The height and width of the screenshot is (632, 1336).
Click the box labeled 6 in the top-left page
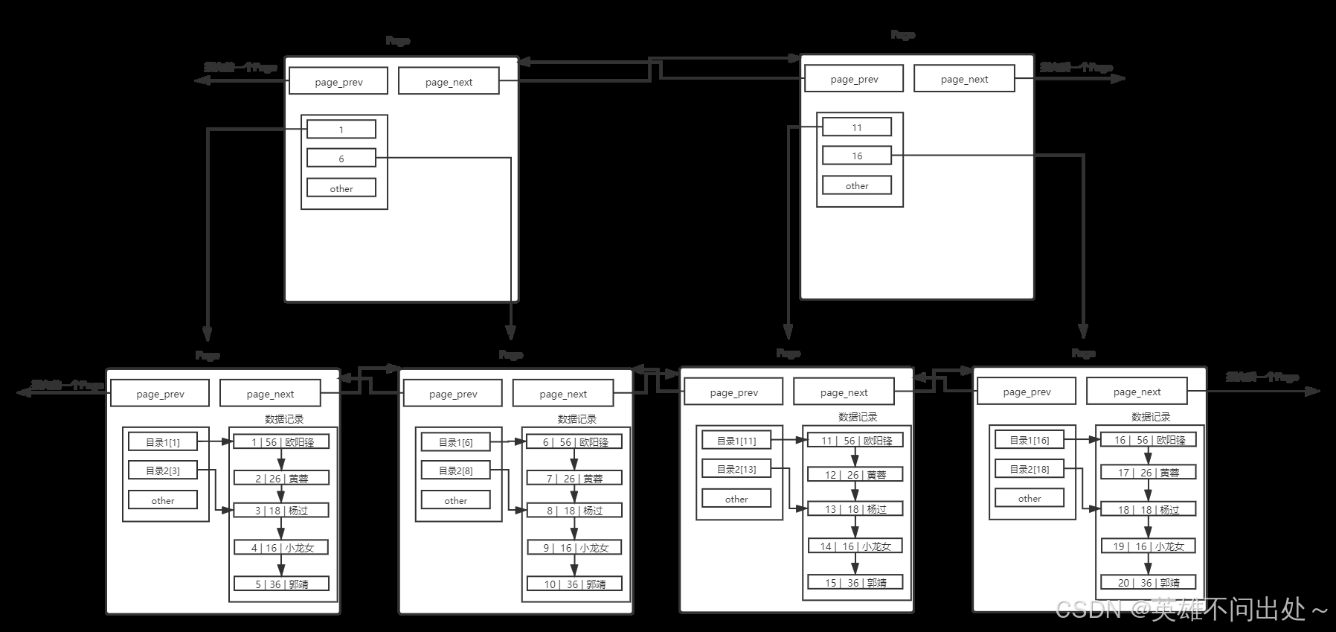point(341,159)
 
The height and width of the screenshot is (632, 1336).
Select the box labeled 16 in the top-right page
point(857,156)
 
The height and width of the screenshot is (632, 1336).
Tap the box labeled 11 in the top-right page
point(857,127)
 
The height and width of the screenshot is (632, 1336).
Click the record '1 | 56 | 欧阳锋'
point(282,442)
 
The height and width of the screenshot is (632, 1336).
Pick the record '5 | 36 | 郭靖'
point(282,584)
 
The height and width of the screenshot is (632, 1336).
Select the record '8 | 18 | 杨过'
point(574,511)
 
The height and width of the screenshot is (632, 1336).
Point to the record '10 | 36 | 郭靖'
point(574,584)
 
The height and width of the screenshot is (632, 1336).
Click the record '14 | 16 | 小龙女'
point(855,546)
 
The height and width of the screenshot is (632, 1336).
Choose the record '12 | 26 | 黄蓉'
point(855,475)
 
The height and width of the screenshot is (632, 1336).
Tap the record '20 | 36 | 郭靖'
point(1149,583)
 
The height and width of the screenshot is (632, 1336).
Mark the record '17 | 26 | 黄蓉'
point(1149,473)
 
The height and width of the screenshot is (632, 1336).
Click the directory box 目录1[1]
point(163,442)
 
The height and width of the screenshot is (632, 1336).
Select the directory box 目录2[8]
point(456,470)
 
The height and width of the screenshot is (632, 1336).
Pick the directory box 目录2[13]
point(736,469)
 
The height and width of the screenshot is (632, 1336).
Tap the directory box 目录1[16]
point(1030,440)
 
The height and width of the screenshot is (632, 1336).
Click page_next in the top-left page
point(449,82)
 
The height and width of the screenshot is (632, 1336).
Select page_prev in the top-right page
point(854,79)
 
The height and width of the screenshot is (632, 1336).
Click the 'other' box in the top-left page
point(341,188)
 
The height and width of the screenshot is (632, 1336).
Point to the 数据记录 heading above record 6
point(577,419)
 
